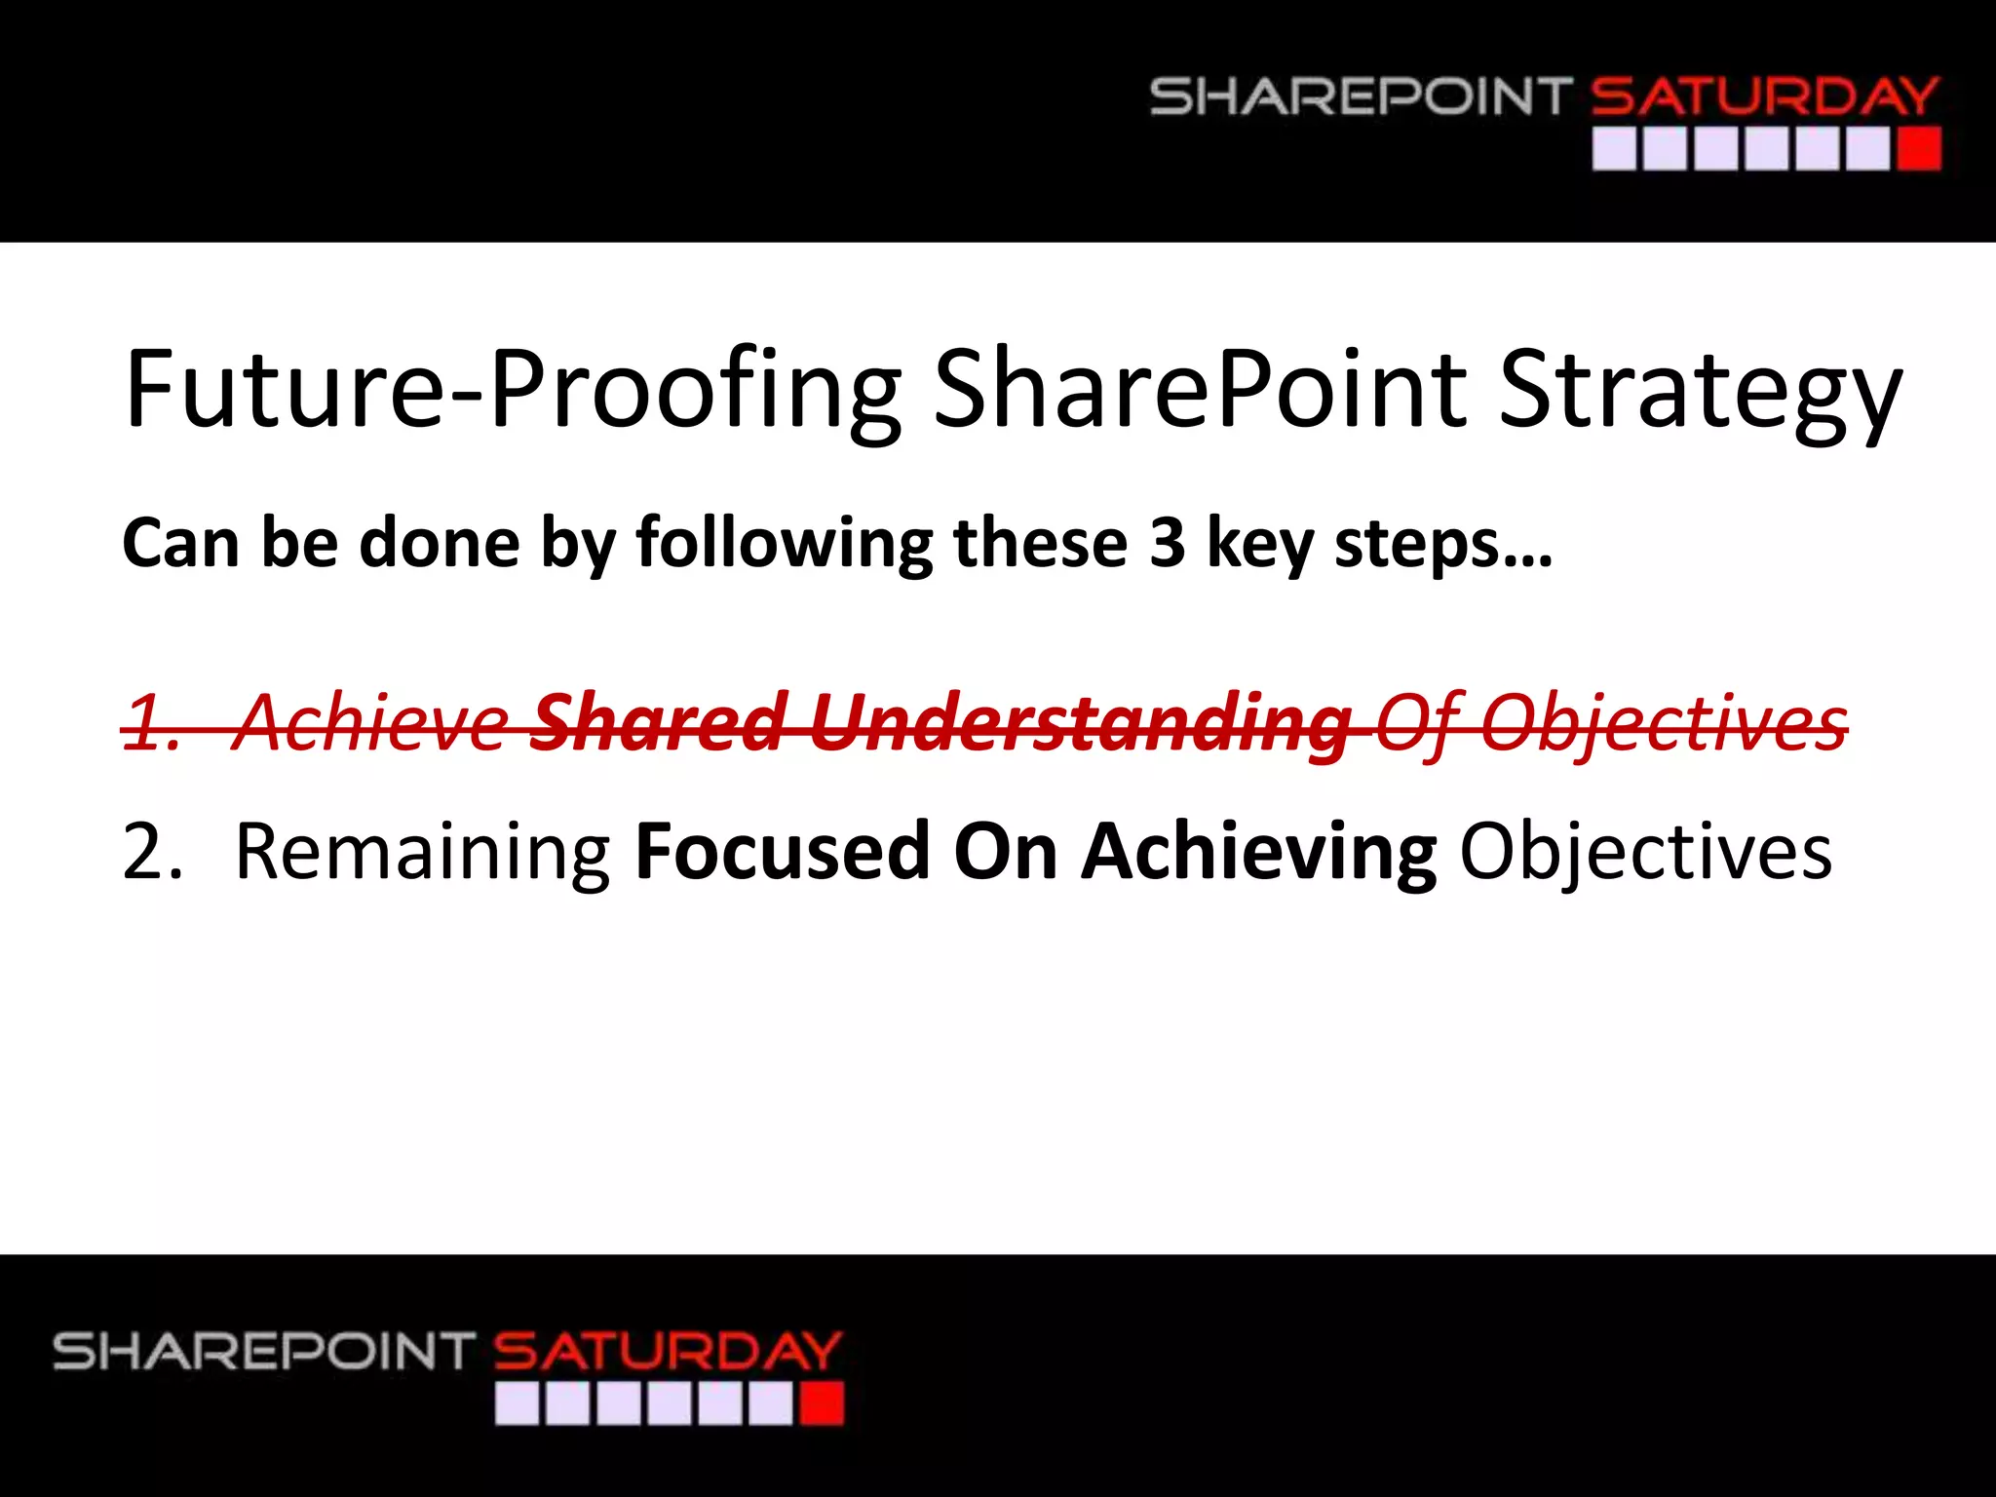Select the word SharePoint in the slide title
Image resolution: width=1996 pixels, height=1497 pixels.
pyautogui.click(x=1200, y=390)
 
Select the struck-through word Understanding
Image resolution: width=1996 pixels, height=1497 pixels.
pyautogui.click(x=1080, y=723)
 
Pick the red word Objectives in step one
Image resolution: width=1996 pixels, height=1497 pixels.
pyautogui.click(x=1663, y=723)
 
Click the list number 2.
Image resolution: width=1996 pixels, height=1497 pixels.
pyautogui.click(x=151, y=852)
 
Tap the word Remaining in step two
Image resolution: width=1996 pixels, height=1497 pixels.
pyautogui.click(x=423, y=852)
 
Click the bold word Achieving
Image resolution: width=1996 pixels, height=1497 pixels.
pyautogui.click(x=1259, y=852)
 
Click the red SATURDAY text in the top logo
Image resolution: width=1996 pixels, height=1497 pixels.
pyautogui.click(x=1764, y=97)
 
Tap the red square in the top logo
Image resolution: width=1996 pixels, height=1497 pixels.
pyautogui.click(x=1918, y=150)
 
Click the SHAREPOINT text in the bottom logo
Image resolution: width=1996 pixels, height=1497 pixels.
pyautogui.click(x=264, y=1352)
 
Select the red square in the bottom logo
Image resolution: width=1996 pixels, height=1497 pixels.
pyautogui.click(x=821, y=1404)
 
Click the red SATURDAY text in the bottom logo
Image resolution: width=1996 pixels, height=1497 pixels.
pyautogui.click(x=667, y=1352)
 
